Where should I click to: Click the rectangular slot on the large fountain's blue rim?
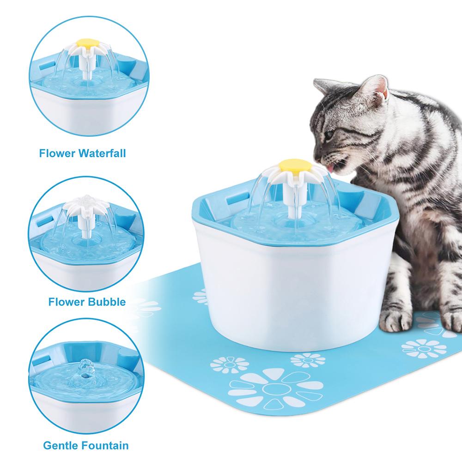click(x=231, y=202)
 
